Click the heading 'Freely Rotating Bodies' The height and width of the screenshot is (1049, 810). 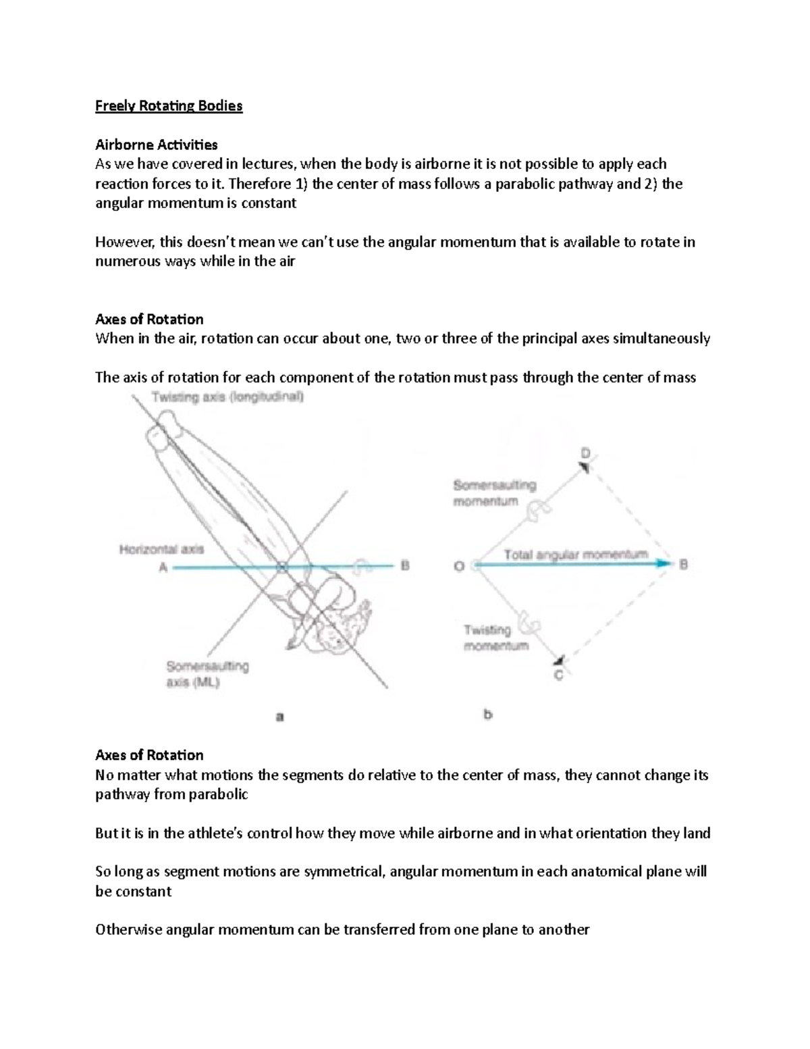[169, 106]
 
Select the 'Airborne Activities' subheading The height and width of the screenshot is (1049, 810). [157, 145]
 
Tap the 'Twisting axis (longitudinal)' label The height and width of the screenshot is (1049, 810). [228, 398]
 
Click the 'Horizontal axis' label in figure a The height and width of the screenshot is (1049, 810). [161, 550]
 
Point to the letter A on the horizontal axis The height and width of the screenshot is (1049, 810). [163, 567]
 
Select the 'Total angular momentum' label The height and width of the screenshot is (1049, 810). [576, 555]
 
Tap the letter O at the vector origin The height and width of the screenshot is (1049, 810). [459, 566]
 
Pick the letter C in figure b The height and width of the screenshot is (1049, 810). [559, 674]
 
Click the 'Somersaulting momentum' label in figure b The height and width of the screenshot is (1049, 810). [495, 493]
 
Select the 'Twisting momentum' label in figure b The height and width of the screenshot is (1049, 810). [496, 638]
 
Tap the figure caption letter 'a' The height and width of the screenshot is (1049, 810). [279, 717]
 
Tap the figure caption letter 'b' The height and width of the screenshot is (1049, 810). [488, 714]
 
